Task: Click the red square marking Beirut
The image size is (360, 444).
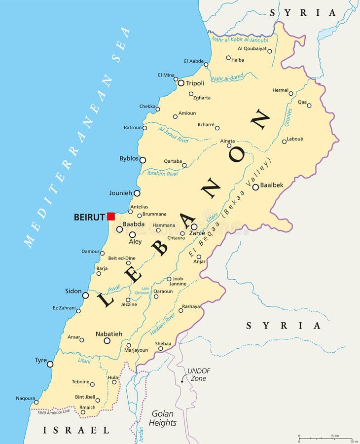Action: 111,216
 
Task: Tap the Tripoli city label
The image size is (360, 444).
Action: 195,83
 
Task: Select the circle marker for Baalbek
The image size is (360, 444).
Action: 255,187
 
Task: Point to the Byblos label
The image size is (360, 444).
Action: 129,158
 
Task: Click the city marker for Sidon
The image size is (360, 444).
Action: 85,296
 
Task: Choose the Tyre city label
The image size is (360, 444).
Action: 40,360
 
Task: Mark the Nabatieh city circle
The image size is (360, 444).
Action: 107,340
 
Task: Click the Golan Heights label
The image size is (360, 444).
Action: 163,418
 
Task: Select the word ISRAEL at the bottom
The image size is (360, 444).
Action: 76,431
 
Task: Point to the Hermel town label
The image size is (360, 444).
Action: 280,90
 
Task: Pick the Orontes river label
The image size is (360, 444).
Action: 289,117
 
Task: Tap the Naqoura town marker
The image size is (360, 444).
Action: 36,402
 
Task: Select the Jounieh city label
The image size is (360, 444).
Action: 121,193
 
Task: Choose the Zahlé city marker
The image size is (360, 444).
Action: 194,227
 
